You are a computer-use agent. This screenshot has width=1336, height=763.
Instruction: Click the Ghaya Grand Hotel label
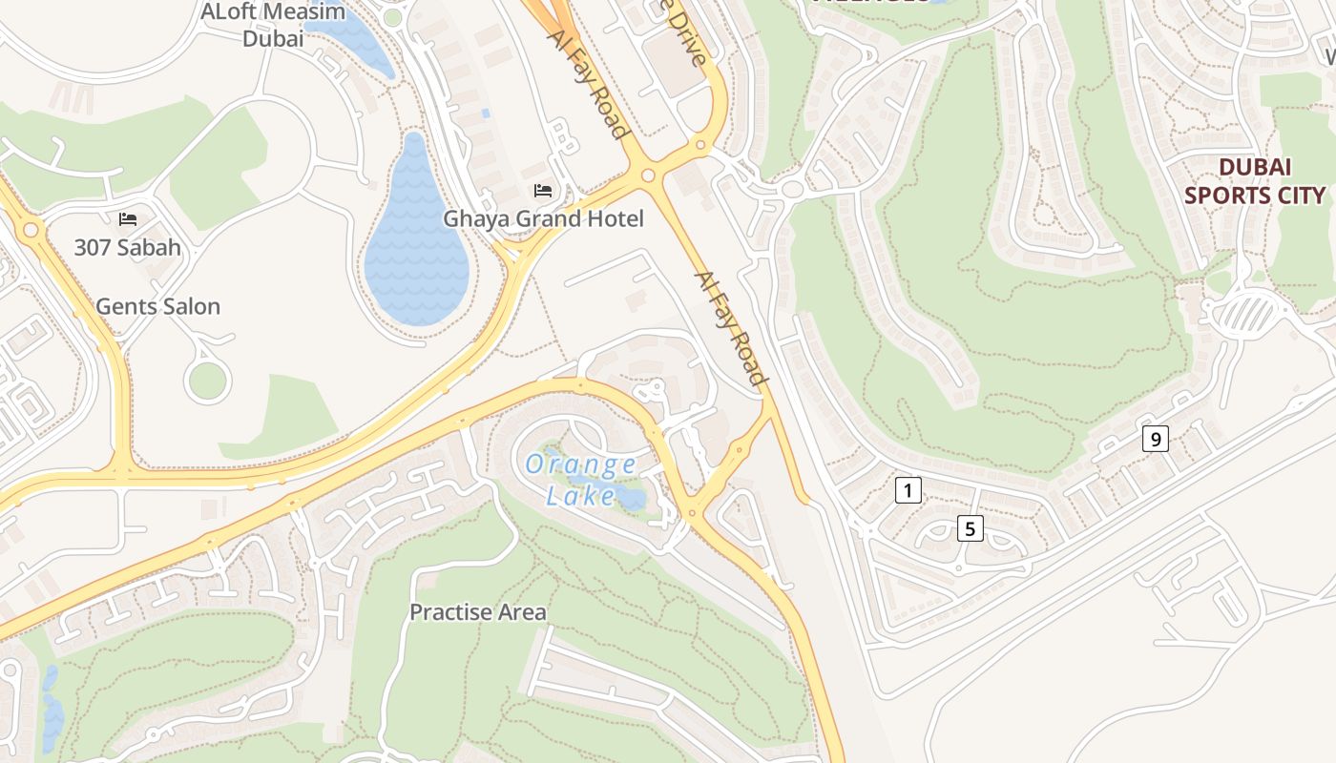pyautogui.click(x=543, y=219)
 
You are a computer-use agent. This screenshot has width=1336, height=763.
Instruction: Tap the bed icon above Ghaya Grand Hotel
pyautogui.click(x=543, y=191)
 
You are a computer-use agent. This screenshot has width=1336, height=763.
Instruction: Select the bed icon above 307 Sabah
pyautogui.click(x=127, y=219)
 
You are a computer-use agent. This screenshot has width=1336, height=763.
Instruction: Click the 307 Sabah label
pyautogui.click(x=127, y=248)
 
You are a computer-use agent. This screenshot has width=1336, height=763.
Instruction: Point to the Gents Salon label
pyautogui.click(x=158, y=306)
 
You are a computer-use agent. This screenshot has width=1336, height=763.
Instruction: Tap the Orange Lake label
pyautogui.click(x=580, y=480)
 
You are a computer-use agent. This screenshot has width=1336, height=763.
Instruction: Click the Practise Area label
pyautogui.click(x=478, y=612)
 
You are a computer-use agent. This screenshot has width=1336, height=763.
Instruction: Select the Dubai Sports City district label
pyautogui.click(x=1254, y=181)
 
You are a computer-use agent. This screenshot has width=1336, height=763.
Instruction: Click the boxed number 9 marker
pyautogui.click(x=1155, y=440)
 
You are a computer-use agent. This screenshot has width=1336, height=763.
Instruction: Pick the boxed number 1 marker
pyautogui.click(x=908, y=491)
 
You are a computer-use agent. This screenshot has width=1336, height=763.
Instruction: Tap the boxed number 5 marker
pyautogui.click(x=970, y=528)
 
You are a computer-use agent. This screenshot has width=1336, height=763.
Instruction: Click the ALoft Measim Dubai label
pyautogui.click(x=272, y=25)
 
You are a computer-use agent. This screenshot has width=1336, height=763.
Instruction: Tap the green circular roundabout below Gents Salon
pyautogui.click(x=207, y=381)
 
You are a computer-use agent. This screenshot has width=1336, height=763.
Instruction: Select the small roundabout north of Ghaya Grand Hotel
pyautogui.click(x=649, y=175)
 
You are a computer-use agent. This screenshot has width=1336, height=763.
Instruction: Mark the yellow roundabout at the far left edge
pyautogui.click(x=31, y=230)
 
